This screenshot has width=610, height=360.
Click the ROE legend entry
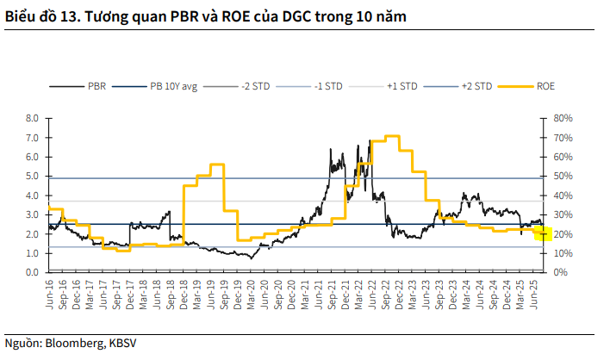[545, 86]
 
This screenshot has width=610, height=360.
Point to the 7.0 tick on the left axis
[33, 138]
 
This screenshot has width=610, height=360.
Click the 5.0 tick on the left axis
[33, 177]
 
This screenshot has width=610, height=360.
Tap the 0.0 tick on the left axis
[33, 273]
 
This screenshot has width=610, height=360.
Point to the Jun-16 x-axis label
[50, 293]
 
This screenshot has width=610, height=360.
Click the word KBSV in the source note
[120, 343]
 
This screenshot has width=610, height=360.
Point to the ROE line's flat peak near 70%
[392, 136]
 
